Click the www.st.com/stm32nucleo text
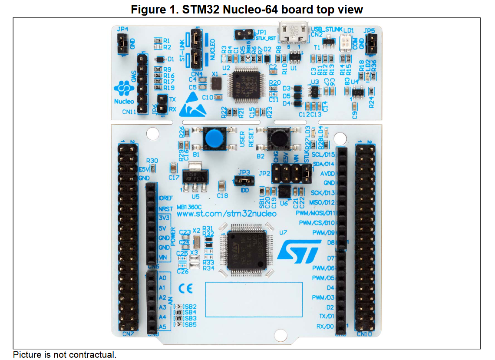[x=226, y=214]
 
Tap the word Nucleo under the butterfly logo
[x=124, y=102]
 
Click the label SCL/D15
[x=323, y=155]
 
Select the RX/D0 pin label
[x=325, y=326]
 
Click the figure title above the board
[x=247, y=9]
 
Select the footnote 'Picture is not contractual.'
[x=65, y=355]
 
